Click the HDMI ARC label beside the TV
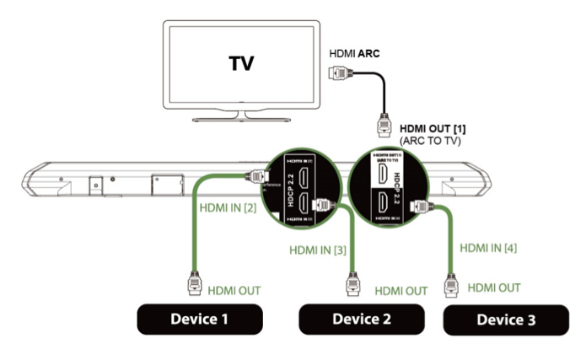354,52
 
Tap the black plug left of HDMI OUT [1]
381,129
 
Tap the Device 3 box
505,319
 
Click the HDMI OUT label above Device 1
233,290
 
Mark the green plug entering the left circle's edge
253,178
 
